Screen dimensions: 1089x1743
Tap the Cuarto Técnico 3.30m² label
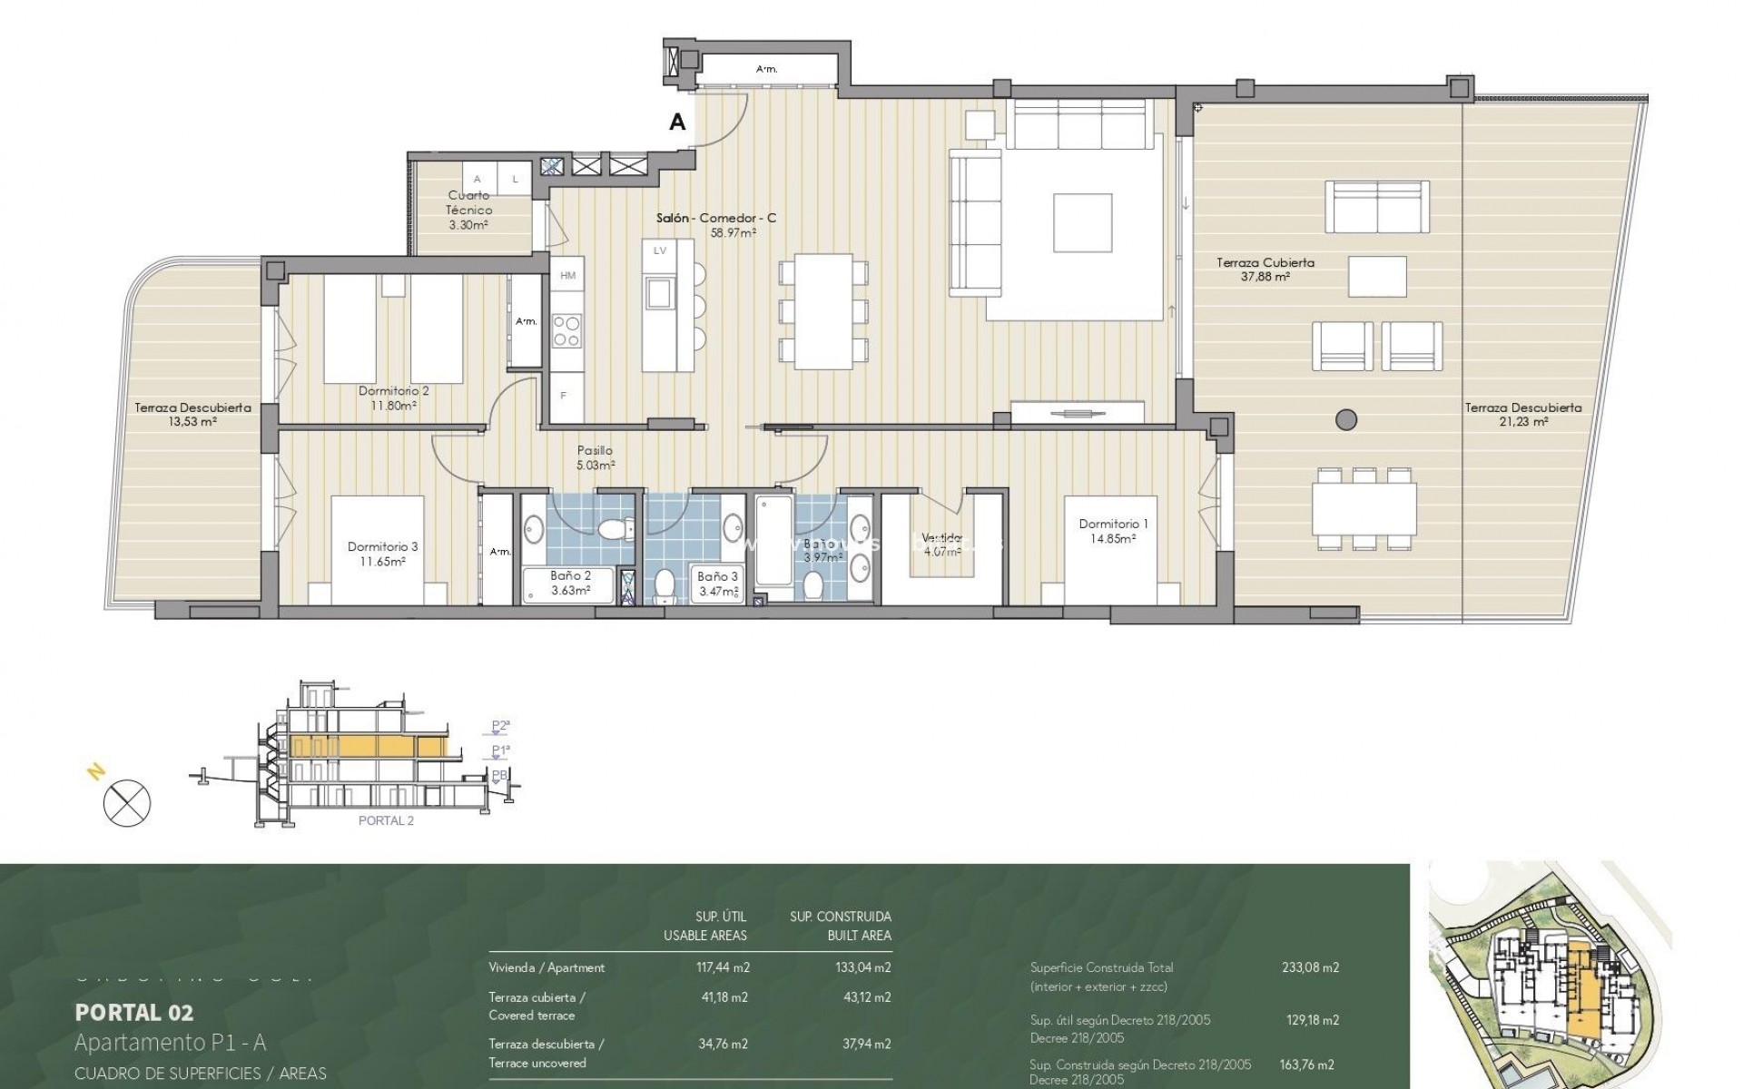click(469, 210)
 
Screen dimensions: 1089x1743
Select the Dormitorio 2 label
click(393, 391)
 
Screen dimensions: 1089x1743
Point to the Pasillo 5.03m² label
click(596, 457)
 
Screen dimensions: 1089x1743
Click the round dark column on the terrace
click(1347, 419)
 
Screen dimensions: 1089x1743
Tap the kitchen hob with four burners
click(567, 330)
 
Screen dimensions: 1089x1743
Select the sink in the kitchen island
click(659, 293)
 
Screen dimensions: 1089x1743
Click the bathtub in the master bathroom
click(773, 541)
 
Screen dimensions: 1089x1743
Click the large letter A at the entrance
click(677, 122)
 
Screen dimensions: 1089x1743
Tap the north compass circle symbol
click(127, 803)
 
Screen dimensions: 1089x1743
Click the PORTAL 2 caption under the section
click(386, 820)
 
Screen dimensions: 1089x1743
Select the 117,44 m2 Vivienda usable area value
click(720, 967)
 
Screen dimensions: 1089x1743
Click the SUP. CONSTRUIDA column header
click(840, 917)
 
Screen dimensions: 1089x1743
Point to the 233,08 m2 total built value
click(1310, 967)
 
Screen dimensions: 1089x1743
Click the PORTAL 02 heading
click(133, 1012)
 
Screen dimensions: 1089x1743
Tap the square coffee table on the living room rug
click(1082, 223)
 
